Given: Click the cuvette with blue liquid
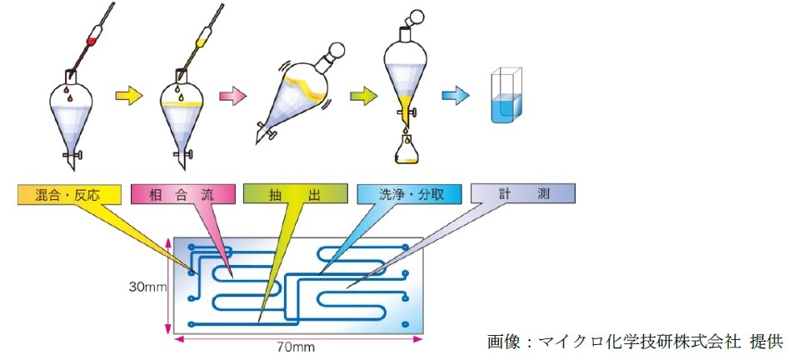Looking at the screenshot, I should [x=506, y=98].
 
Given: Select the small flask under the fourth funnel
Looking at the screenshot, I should [x=404, y=151].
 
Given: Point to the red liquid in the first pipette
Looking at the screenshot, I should [x=95, y=38].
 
